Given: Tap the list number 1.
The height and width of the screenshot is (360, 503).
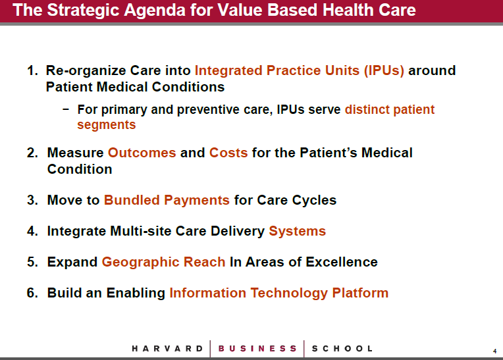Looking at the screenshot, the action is point(32,70).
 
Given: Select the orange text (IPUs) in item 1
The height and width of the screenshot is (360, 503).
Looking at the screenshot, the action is point(384,71).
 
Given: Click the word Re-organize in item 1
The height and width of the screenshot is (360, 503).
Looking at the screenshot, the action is point(88,71).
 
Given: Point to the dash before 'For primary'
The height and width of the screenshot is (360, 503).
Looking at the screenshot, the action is point(66,110).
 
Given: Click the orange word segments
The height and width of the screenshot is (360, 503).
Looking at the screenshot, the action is point(107,125).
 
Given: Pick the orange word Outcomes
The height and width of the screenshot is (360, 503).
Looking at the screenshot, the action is point(142,153).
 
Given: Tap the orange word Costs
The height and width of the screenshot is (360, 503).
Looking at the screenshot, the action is point(228,153).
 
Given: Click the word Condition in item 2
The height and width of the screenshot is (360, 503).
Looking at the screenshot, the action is point(80,169).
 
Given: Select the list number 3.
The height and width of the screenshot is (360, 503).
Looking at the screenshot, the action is point(32,200).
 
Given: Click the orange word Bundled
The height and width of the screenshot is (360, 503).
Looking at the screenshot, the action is point(132,200).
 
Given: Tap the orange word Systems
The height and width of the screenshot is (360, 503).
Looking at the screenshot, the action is point(297,232).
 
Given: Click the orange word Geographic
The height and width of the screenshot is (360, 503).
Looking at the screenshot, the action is point(140,262).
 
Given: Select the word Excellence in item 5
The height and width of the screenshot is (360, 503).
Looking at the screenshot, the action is point(341,262).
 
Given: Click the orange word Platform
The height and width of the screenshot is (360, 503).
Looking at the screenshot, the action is point(360,293).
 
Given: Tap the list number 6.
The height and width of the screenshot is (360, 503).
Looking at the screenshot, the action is point(32,293).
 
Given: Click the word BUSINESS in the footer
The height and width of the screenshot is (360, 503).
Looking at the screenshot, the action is point(257,349).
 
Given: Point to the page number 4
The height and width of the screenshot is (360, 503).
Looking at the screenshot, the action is point(494,351).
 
